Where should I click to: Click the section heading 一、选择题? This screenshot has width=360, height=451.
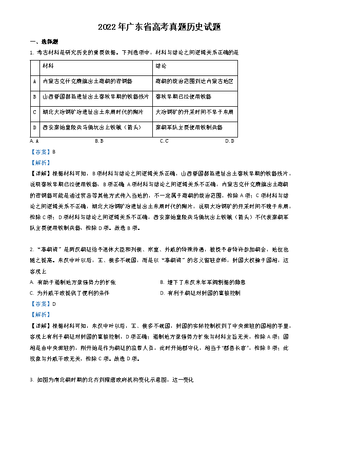(44, 42)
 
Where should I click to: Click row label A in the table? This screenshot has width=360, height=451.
(34, 82)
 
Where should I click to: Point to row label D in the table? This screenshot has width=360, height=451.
(34, 127)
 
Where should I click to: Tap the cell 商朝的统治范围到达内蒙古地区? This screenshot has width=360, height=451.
(194, 82)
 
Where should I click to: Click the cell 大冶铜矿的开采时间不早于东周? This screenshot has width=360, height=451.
(194, 112)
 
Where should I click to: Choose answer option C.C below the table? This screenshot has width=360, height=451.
(164, 141)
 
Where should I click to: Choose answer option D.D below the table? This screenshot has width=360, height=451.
(229, 141)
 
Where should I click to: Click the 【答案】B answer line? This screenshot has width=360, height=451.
(43, 152)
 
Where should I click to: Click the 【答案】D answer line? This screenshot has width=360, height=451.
(43, 304)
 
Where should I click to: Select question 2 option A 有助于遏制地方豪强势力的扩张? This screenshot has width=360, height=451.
(72, 282)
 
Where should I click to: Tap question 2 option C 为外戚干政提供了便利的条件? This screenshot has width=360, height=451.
(69, 293)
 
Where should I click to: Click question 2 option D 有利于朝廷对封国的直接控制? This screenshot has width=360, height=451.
(200, 293)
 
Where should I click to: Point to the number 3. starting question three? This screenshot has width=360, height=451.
(32, 380)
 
